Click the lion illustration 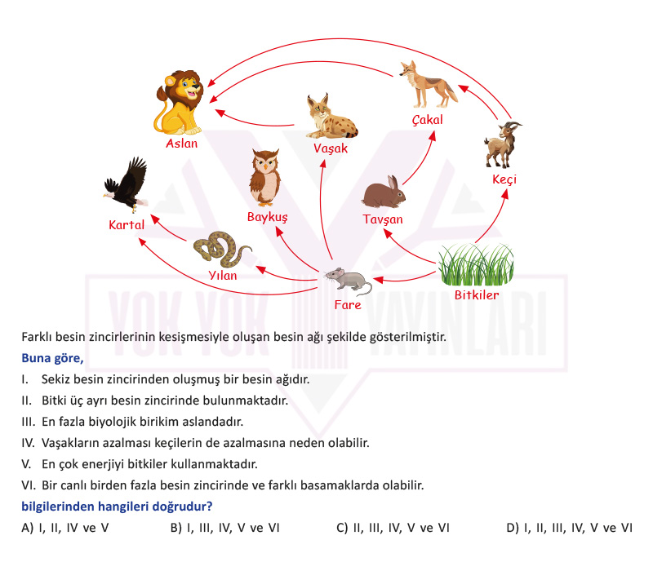(179, 103)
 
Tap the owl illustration (264, 178)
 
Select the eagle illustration (127, 184)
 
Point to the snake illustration (220, 250)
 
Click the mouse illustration (349, 281)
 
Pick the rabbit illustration (384, 193)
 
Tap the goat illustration (502, 144)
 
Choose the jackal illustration (428, 85)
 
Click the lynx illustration (331, 117)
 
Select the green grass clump (477, 265)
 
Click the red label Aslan (181, 144)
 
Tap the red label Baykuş (268, 217)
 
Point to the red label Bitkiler (477, 295)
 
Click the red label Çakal (427, 120)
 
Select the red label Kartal (127, 225)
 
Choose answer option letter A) (28, 528)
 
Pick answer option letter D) (513, 528)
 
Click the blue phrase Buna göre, (52, 358)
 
